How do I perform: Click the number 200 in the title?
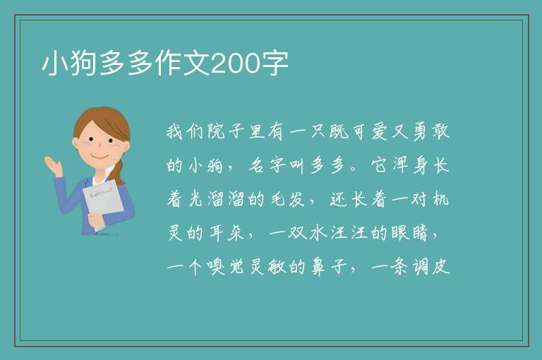pyautogui.click(x=235, y=64)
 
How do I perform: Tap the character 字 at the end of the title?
pyautogui.click(x=274, y=64)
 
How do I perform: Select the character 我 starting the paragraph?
pyautogui.click(x=175, y=131)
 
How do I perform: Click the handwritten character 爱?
pyautogui.click(x=380, y=131)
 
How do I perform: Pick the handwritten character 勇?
pyautogui.click(x=421, y=131)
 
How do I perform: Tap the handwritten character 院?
pyautogui.click(x=217, y=131)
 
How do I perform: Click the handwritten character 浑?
pyautogui.click(x=400, y=165)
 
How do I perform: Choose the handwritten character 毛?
pyautogui.click(x=277, y=199)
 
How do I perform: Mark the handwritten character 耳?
pyautogui.click(x=217, y=233)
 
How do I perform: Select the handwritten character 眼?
pyautogui.click(x=400, y=233)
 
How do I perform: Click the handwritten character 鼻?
pyautogui.click(x=318, y=267)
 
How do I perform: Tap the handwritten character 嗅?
pyautogui.click(x=217, y=267)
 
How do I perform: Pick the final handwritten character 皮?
pyautogui.click(x=441, y=267)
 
